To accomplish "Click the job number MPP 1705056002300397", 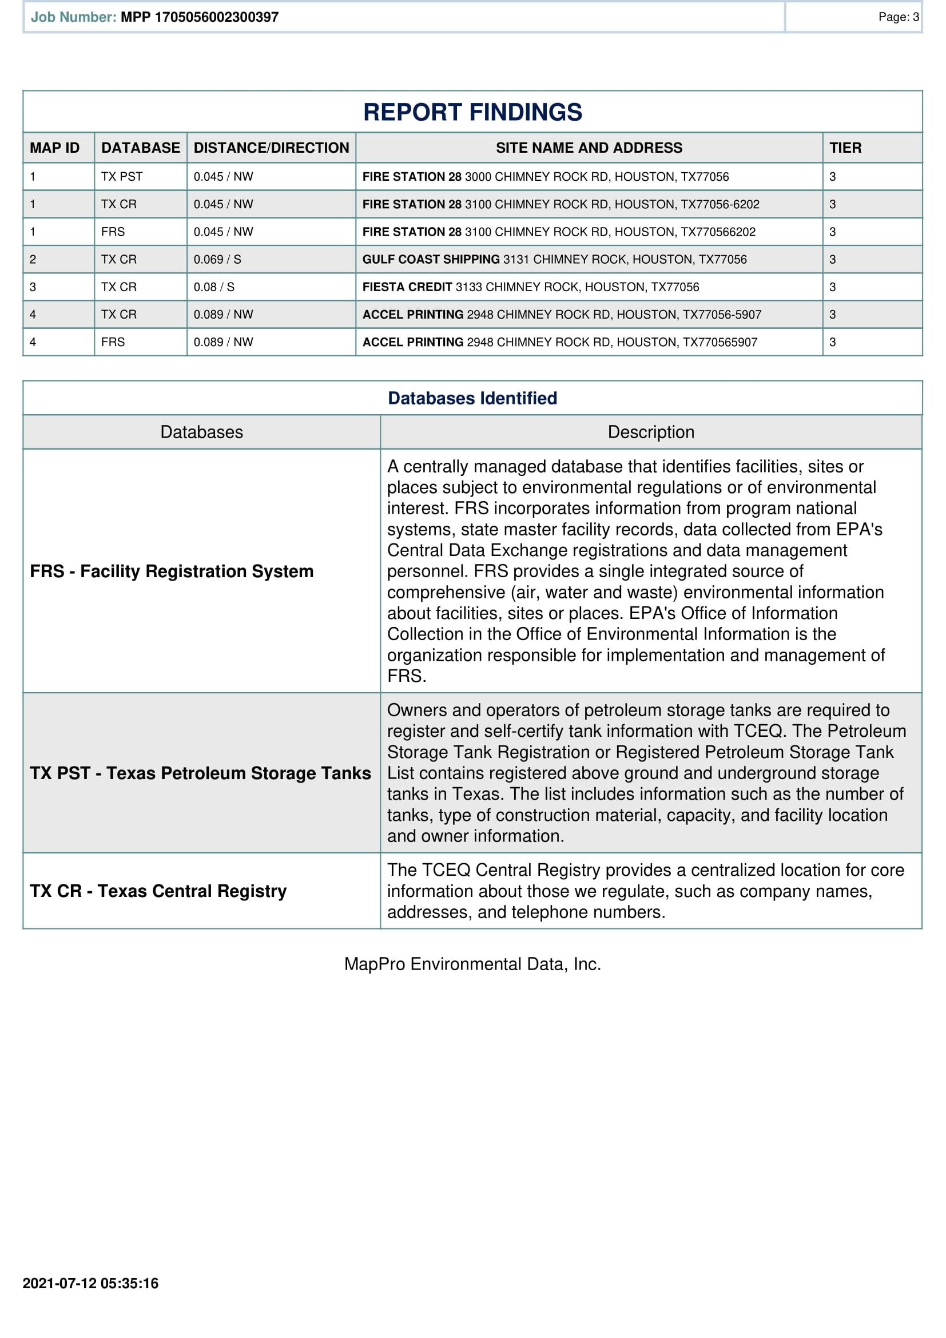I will coord(199,17).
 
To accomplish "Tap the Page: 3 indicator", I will coord(898,17).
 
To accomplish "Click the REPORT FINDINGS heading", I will coord(472,112).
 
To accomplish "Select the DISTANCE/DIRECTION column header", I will coord(271,148).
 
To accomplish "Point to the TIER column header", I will coord(845,148).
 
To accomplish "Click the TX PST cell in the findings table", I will coord(122,177).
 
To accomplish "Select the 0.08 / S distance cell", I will coord(214,287).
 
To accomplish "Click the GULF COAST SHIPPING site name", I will coord(431,259).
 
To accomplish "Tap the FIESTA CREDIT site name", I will coord(407,287).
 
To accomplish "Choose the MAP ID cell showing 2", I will coord(33,259).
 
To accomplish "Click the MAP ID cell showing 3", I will coord(33,287).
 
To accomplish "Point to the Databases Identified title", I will coord(472,398).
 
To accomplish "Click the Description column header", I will coord(651,432).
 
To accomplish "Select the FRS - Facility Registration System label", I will coord(172,571).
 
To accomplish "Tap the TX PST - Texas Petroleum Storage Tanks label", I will coord(200,773).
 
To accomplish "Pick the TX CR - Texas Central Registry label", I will coord(158,891).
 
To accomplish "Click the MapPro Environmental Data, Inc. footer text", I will coord(472,964).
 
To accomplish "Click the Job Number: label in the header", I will coord(73,17).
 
